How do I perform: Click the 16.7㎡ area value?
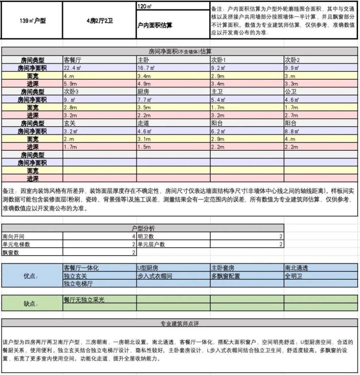[x=146, y=68]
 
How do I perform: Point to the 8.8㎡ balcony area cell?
[x=292, y=131]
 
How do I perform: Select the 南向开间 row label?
[x=15, y=236]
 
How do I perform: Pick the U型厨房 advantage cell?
[x=148, y=268]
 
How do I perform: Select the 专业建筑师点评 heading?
[x=180, y=323]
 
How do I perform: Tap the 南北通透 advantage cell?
[x=296, y=268]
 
